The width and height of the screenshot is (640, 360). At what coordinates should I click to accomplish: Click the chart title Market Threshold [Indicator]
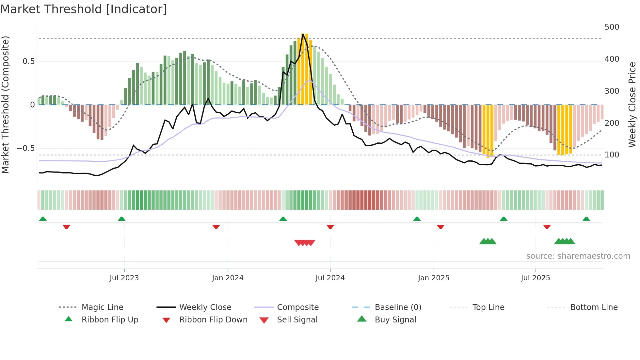pos(84,9)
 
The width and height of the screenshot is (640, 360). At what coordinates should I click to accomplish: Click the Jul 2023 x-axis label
pos(124,278)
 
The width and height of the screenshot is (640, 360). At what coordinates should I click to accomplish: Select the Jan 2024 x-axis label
pos(228,278)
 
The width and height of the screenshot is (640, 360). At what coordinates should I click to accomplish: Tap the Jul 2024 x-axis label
pos(330,278)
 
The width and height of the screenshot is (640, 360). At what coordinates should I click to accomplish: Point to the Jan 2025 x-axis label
pos(433,278)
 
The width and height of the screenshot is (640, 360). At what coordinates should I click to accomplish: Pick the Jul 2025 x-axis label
pos(535,278)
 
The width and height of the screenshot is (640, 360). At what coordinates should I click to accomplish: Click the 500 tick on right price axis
pos(612,27)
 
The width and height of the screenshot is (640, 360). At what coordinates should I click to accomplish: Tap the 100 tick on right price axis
pos(612,155)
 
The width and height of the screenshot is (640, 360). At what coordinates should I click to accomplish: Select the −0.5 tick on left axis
pos(25,148)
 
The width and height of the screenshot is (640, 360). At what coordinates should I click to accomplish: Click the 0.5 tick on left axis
pos(28,61)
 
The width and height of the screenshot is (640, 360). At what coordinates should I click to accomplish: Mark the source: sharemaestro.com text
pos(578,256)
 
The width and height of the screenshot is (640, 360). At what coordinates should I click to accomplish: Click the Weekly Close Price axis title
pos(632,105)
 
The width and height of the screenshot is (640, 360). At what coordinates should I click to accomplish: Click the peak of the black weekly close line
pos(303,34)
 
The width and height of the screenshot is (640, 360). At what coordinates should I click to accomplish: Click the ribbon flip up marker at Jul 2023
pos(121,219)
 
